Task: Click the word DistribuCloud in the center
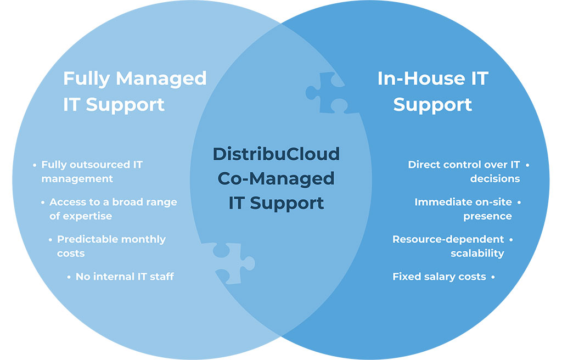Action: tap(276, 154)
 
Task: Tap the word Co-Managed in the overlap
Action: tap(276, 178)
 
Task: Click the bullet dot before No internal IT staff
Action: tap(69, 277)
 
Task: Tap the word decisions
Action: tap(495, 178)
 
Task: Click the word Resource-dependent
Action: tap(448, 239)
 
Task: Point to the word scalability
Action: tap(477, 254)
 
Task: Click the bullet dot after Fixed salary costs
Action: tap(493, 277)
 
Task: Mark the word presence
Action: tap(487, 217)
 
